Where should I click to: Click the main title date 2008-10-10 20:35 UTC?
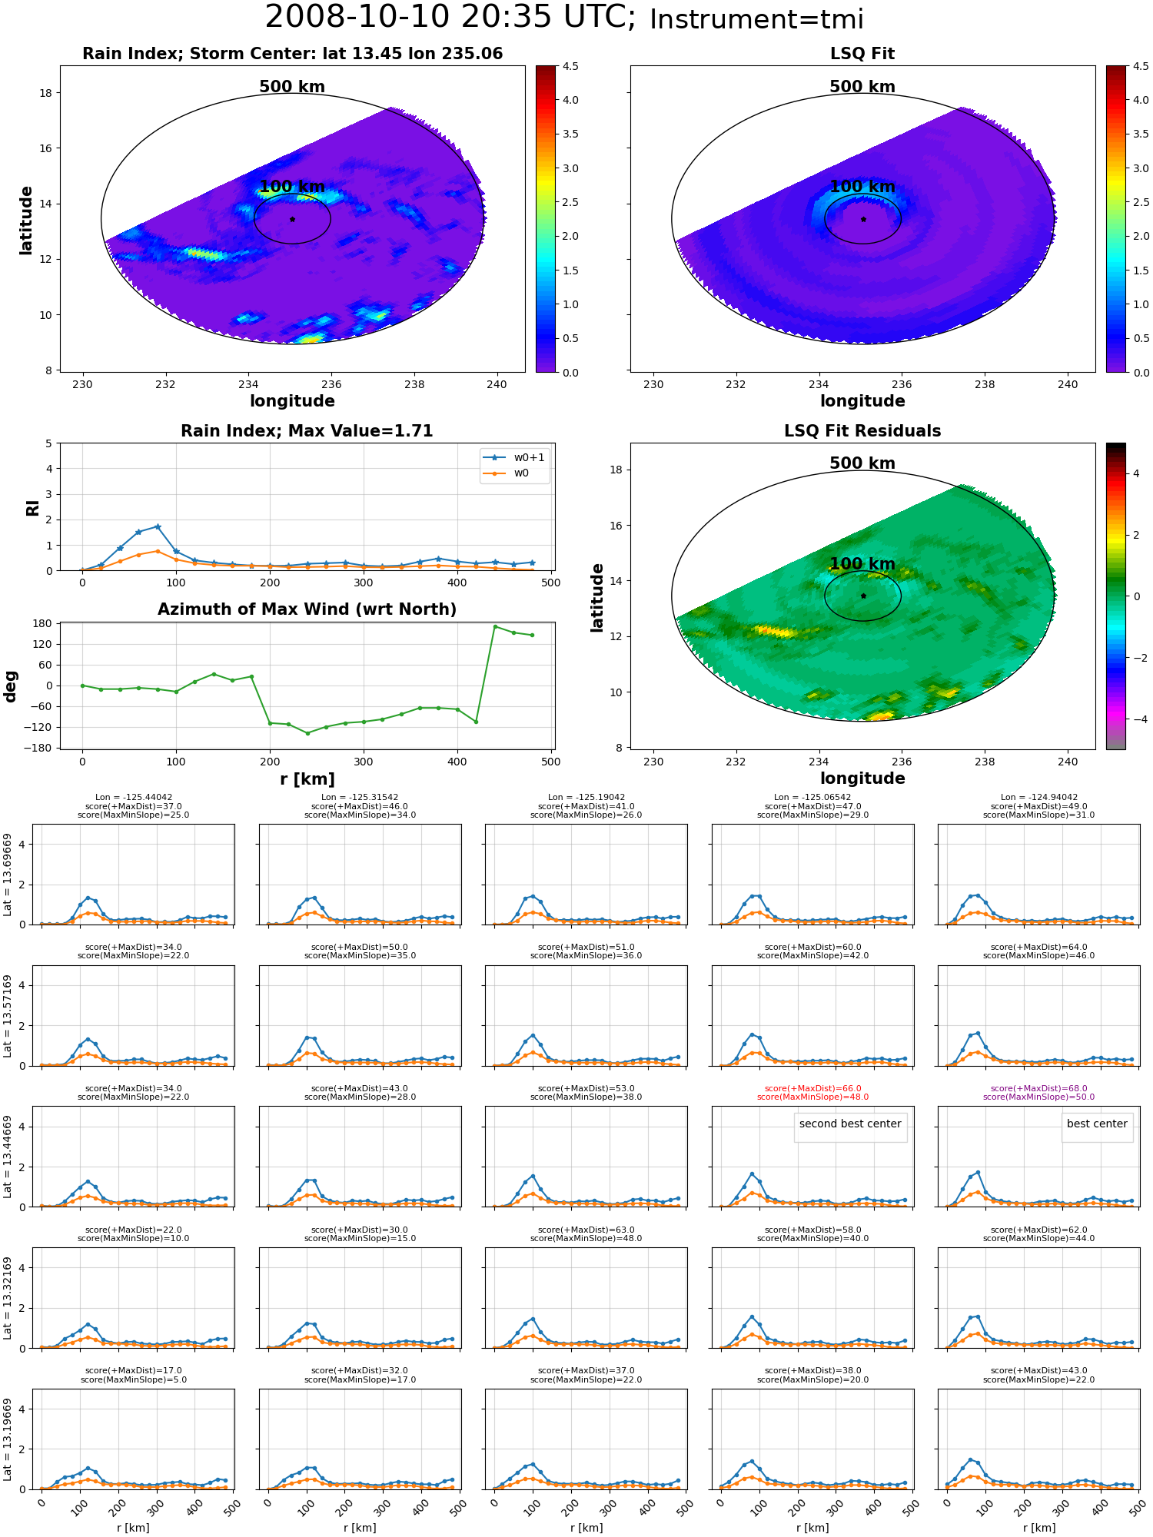point(450,18)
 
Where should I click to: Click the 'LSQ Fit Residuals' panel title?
point(862,431)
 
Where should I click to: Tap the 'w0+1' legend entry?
point(514,457)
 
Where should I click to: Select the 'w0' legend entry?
point(507,473)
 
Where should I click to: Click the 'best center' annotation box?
point(1097,1124)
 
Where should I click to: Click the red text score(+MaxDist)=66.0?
point(812,1088)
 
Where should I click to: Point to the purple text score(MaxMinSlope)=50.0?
point(1038,1097)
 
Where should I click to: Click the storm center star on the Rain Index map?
point(292,219)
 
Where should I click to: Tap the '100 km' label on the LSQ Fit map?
point(862,187)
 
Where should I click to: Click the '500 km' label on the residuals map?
point(862,463)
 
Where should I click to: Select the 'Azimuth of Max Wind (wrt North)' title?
point(307,609)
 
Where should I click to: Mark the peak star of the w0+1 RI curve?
point(158,526)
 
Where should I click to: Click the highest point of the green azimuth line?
point(495,626)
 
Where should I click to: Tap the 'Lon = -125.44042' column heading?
point(133,798)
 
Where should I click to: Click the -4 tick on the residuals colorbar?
point(1136,719)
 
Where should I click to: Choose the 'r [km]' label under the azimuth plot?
point(307,779)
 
